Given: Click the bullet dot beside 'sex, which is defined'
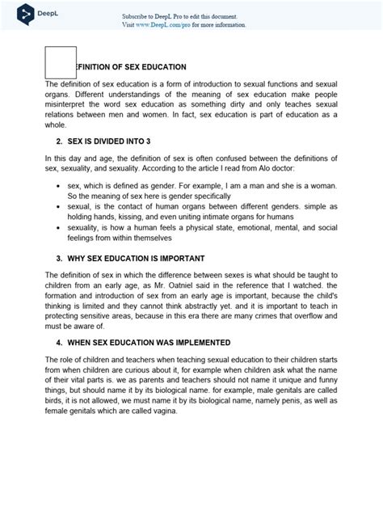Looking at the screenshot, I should [x=59, y=185].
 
